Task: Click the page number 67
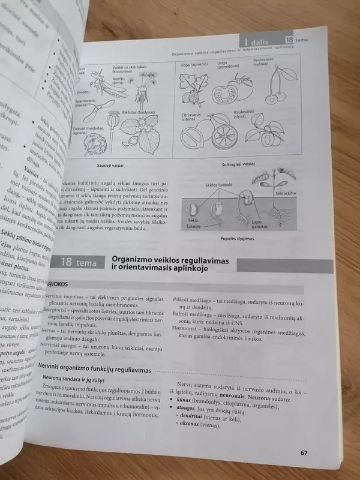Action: click(x=304, y=453)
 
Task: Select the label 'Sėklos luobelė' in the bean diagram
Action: click(x=218, y=186)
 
